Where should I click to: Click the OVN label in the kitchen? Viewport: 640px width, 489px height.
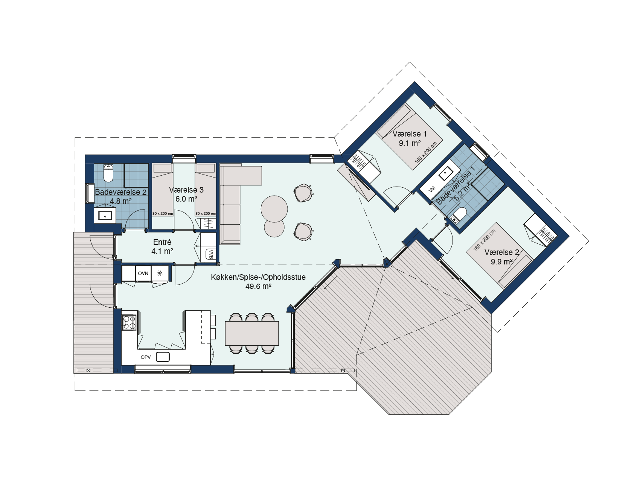pos(143,273)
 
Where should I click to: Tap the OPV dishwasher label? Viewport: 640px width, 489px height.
pos(146,357)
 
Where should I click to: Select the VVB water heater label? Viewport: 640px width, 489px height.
pos(211,254)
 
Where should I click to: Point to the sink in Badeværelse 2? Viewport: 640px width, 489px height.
pos(105,216)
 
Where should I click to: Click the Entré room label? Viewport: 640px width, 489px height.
pos(162,242)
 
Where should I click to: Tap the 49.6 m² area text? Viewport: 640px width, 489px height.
pos(258,286)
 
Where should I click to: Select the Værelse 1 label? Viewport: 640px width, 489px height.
pos(410,134)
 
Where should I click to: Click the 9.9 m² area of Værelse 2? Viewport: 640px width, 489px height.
pos(501,262)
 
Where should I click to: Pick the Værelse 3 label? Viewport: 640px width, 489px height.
pos(186,190)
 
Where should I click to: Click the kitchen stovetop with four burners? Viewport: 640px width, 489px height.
pos(129,322)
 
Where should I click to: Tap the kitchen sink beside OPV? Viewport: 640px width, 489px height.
pos(163,357)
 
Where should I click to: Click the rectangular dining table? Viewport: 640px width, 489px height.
pos(252,333)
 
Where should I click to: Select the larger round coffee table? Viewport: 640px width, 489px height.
pos(274,209)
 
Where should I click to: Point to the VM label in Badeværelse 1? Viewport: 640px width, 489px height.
pos(432,189)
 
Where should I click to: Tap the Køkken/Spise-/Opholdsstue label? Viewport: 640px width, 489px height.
pos(258,277)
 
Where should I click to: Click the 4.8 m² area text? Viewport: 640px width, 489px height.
pos(121,201)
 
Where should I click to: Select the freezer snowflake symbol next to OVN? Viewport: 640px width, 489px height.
pos(160,273)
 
